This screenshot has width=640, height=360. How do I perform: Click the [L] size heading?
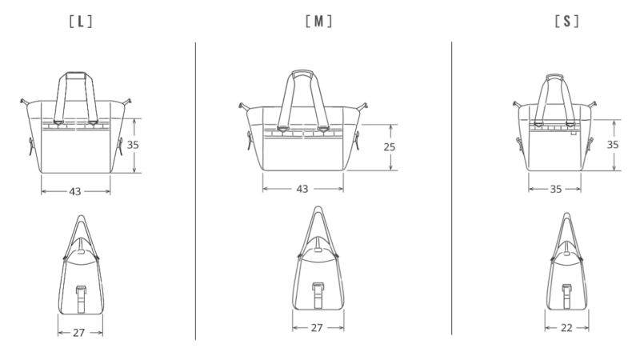coord(81,22)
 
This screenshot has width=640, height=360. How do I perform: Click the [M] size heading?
coord(318,22)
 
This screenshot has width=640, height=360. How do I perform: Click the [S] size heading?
coord(567,22)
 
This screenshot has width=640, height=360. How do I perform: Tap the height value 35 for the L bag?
coord(133,145)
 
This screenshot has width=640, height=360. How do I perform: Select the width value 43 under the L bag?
coord(75,191)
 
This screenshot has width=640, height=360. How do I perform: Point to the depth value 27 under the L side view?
coord(78,333)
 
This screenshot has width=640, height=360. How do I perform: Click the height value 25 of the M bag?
coord(390,147)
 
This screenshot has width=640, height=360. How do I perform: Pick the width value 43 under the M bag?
coord(302,189)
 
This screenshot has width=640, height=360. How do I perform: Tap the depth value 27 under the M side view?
coord(317,328)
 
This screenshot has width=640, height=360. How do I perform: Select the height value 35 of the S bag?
coord(613,145)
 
